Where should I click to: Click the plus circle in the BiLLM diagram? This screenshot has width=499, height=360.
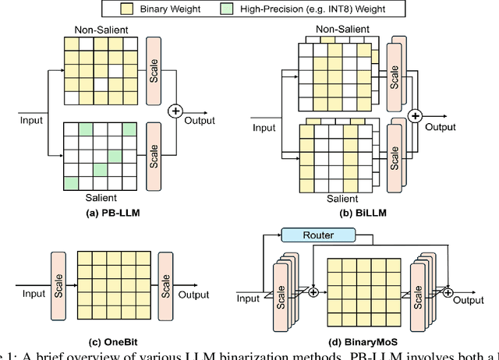point(416,116)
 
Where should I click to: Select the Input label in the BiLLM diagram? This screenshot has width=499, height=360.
point(265,126)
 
